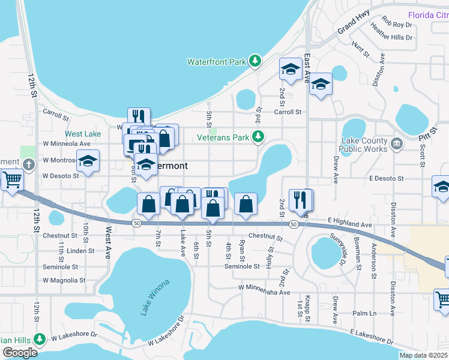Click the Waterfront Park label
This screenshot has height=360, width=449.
217,61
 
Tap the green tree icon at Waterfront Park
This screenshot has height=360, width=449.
256,61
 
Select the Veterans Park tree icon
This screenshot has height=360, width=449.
258,137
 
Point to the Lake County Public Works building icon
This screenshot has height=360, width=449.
396,143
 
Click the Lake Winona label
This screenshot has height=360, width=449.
155,297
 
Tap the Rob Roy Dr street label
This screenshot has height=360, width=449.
397,25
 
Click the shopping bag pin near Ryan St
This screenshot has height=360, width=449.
246,203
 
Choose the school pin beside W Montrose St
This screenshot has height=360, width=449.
88,161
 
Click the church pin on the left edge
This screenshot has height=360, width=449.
28,164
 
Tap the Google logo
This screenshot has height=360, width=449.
20,353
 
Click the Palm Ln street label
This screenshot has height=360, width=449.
364,313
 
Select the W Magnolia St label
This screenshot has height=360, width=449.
60,280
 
